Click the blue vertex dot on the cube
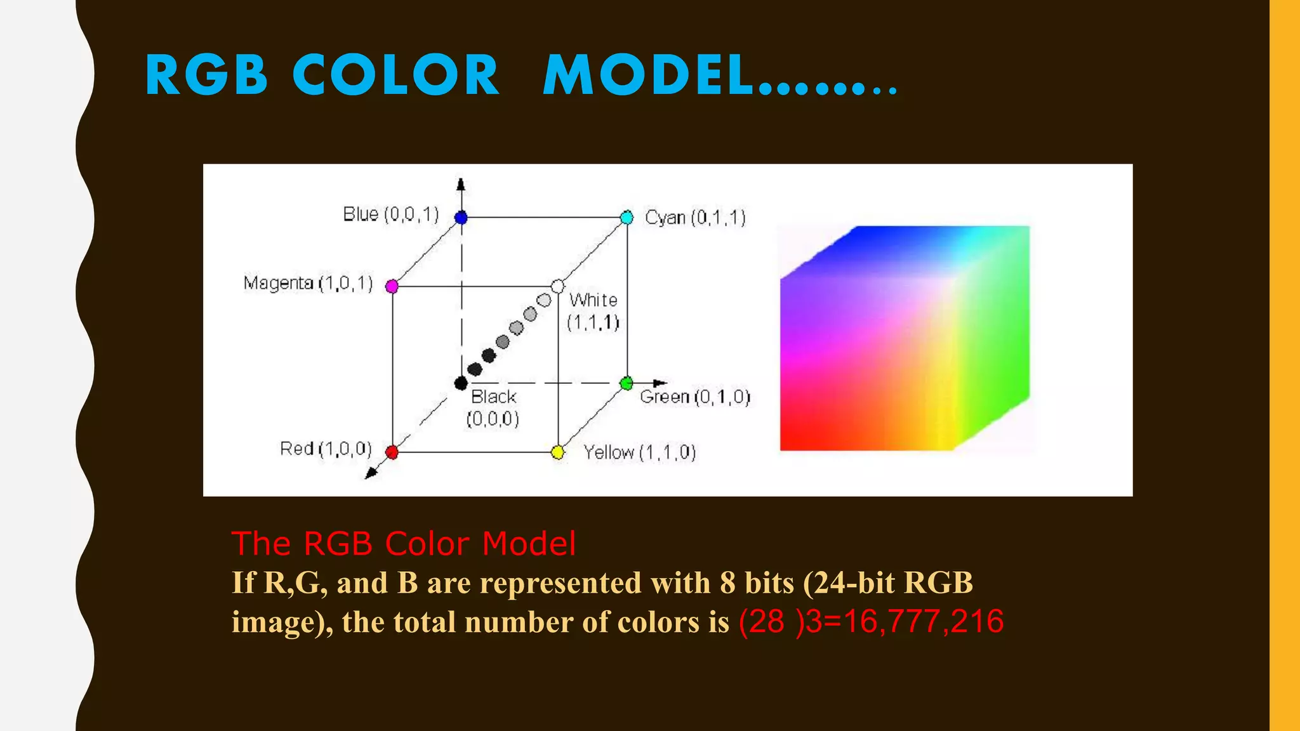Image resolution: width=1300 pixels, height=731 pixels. click(461, 218)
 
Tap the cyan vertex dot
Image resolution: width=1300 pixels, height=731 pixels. click(627, 218)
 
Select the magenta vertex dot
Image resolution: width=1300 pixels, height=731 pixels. click(392, 286)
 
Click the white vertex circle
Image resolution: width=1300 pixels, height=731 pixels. click(558, 286)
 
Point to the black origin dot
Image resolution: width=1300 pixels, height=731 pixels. click(461, 383)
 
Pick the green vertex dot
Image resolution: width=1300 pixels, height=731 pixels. click(627, 383)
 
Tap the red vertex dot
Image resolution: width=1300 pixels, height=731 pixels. click(392, 452)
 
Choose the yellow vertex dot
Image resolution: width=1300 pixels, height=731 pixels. click(558, 452)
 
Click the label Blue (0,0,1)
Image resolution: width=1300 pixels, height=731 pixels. click(390, 214)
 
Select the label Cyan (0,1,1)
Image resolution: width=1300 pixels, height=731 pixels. click(695, 218)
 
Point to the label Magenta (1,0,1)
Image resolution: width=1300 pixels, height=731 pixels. click(308, 283)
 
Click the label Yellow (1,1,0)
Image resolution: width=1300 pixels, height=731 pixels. click(640, 452)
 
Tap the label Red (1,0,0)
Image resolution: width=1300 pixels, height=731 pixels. click(326, 449)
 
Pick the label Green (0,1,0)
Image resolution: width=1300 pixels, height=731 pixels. click(695, 397)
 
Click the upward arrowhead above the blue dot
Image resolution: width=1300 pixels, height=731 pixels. click(461, 184)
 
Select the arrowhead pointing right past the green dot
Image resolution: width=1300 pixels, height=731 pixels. click(660, 383)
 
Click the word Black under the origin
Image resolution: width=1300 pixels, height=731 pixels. click(493, 397)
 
